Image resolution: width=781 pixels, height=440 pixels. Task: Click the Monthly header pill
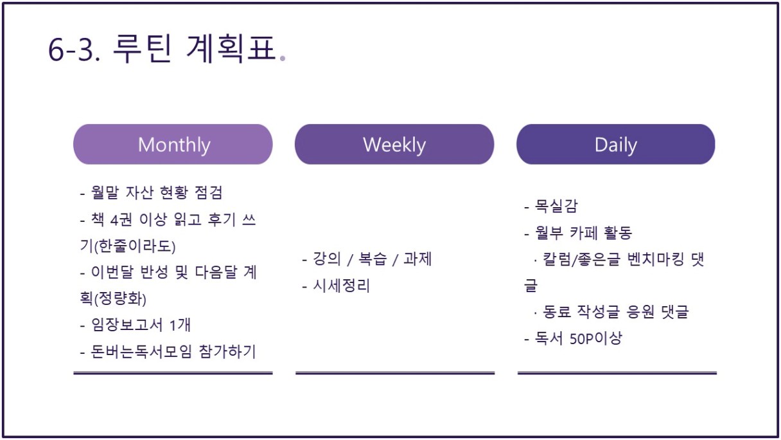(x=173, y=144)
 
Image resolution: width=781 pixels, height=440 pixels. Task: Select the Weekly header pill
(x=394, y=144)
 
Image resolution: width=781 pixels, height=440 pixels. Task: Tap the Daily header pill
(x=616, y=144)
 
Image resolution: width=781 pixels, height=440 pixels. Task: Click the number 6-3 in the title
(x=75, y=50)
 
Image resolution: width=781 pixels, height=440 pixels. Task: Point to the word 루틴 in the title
(x=142, y=49)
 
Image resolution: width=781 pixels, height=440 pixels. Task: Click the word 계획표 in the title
(x=231, y=49)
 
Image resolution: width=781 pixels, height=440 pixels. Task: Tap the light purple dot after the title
(x=283, y=59)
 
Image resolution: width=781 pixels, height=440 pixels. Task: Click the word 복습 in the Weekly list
(x=373, y=259)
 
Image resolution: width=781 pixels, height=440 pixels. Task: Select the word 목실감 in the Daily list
(x=556, y=206)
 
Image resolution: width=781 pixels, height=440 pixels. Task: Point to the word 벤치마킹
(x=656, y=259)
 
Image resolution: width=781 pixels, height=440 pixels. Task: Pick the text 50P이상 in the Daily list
(x=596, y=338)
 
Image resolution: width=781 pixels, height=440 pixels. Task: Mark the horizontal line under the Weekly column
(x=395, y=373)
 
